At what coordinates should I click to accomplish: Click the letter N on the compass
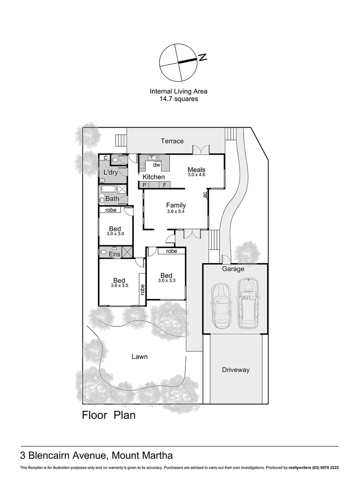pyautogui.click(x=203, y=57)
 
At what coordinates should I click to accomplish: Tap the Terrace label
pyautogui.click(x=172, y=141)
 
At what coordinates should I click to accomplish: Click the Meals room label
pyautogui.click(x=196, y=169)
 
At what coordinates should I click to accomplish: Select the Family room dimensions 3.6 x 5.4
pyautogui.click(x=176, y=212)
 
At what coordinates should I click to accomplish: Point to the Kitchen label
pyautogui.click(x=154, y=177)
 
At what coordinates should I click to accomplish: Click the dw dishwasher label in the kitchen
pyautogui.click(x=156, y=165)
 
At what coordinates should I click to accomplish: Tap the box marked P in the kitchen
pyautogui.click(x=144, y=184)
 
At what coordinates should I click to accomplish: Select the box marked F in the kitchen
pyautogui.click(x=164, y=184)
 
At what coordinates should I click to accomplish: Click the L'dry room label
pyautogui.click(x=110, y=172)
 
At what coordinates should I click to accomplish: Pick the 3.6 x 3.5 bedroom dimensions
pyautogui.click(x=119, y=286)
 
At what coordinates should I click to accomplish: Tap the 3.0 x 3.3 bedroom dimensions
pyautogui.click(x=167, y=280)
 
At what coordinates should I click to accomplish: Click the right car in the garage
pyautogui.click(x=248, y=302)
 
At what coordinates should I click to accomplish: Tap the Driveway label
pyautogui.click(x=235, y=370)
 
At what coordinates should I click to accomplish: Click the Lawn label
pyautogui.click(x=139, y=356)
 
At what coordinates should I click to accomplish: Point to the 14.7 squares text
pyautogui.click(x=179, y=99)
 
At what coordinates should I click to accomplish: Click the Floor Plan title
pyautogui.click(x=108, y=416)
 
